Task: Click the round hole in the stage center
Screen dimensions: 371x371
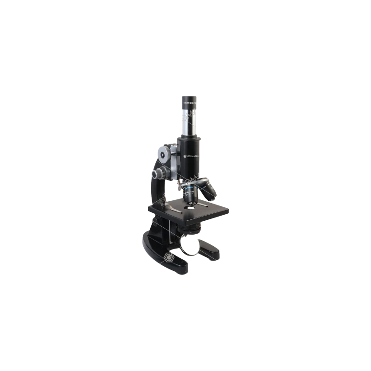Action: [190, 209]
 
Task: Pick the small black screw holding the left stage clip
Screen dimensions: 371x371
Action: [163, 203]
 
